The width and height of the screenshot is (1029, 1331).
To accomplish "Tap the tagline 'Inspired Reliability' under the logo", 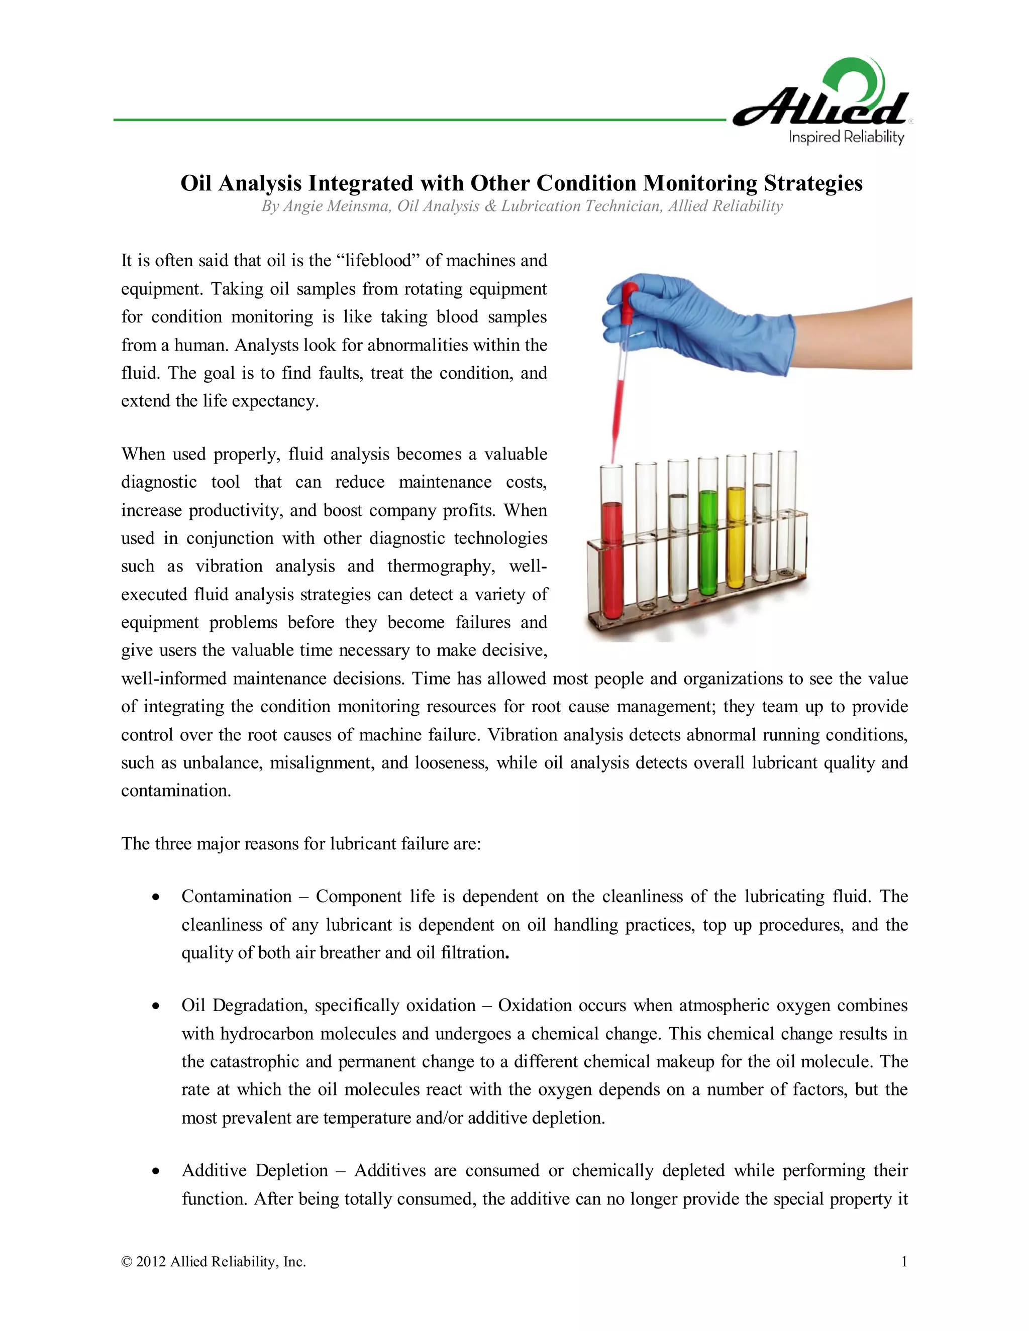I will (846, 137).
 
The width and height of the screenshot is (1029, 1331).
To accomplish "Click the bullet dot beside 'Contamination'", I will (157, 897).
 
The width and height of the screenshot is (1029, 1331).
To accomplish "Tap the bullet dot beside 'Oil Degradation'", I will (157, 1006).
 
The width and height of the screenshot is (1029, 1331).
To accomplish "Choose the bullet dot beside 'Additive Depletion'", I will (157, 1171).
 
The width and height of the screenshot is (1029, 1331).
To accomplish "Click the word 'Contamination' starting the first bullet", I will (237, 897).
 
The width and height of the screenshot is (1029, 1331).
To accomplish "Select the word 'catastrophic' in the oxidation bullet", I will (254, 1062).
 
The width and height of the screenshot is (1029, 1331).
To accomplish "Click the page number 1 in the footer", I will (904, 1262).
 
